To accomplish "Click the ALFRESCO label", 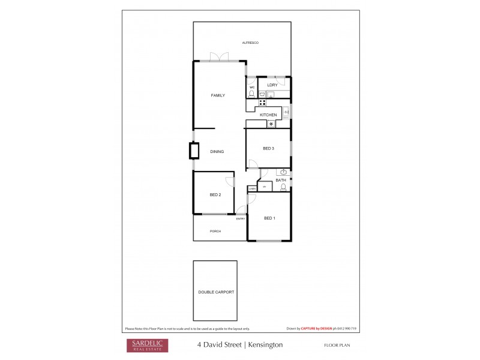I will (250, 43).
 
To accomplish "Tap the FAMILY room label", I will (218, 95).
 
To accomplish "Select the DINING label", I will (217, 151).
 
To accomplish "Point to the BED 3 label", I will (268, 148).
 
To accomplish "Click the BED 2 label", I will (215, 195).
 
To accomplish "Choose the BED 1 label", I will (269, 218).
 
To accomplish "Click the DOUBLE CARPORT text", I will (216, 292).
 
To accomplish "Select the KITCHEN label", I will (268, 115).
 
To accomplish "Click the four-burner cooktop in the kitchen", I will (262, 103).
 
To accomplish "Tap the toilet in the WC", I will (251, 94).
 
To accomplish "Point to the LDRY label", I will (272, 85).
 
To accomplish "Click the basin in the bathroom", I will (283, 172).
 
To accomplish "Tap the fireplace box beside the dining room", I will (194, 151).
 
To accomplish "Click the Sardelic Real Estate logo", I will (146, 345).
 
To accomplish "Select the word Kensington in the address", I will (264, 345).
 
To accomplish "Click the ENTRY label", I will (241, 218).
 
